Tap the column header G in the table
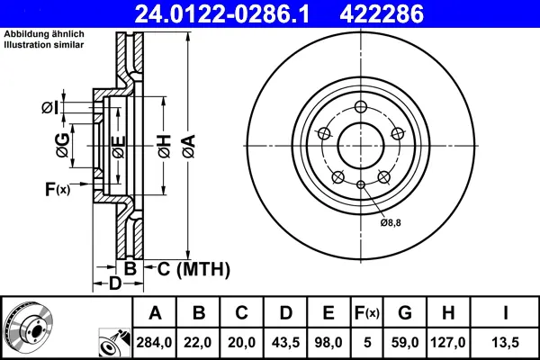[406, 313]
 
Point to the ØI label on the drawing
[50, 109]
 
